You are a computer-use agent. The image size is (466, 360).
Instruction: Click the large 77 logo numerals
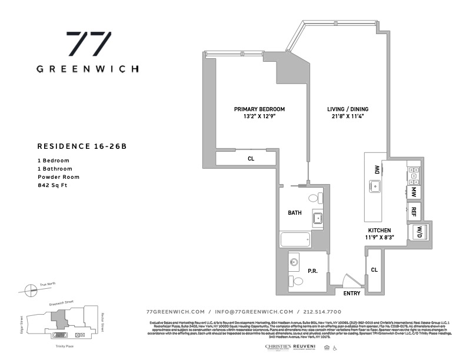[x=87, y=45]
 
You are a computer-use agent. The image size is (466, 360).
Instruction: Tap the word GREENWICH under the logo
[x=88, y=68]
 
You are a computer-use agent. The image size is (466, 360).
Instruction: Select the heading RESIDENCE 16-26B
[x=82, y=146]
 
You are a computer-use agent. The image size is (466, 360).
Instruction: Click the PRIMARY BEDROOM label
[x=259, y=109]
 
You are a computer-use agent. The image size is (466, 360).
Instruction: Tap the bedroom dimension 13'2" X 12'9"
[x=259, y=116]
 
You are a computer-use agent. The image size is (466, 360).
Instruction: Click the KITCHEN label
[x=380, y=230]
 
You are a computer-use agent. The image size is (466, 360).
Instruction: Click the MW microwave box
[x=414, y=191]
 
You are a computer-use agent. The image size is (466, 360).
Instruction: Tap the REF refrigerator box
[x=414, y=211]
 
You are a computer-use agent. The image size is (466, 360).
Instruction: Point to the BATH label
[x=295, y=213]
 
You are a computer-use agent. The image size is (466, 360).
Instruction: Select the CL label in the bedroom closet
[x=251, y=158]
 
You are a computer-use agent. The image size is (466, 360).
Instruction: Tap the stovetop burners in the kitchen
[x=413, y=173]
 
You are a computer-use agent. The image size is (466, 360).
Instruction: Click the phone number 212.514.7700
[x=321, y=312]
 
